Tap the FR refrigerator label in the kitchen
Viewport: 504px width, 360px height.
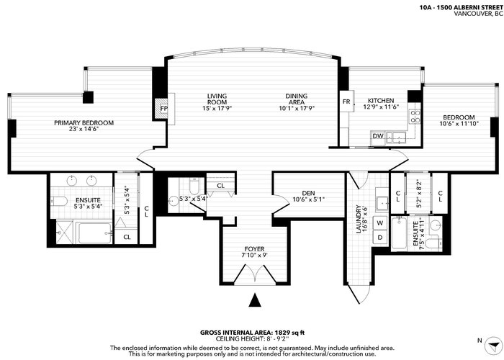346,102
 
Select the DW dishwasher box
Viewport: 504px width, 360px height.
378,136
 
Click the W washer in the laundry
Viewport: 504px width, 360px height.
380,222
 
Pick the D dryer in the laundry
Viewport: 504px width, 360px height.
380,238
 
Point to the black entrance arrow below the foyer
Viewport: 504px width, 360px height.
255,300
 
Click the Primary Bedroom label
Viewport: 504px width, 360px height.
84,123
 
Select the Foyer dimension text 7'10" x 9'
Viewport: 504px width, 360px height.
255,255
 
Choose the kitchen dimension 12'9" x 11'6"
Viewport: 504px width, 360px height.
381,107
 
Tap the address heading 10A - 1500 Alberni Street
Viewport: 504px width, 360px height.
461,8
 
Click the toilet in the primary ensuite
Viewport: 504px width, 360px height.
59,202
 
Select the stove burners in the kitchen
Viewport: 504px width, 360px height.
415,117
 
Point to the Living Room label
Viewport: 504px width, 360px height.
217,99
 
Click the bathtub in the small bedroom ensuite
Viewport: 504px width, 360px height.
399,234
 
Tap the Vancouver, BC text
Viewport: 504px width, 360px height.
478,14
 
